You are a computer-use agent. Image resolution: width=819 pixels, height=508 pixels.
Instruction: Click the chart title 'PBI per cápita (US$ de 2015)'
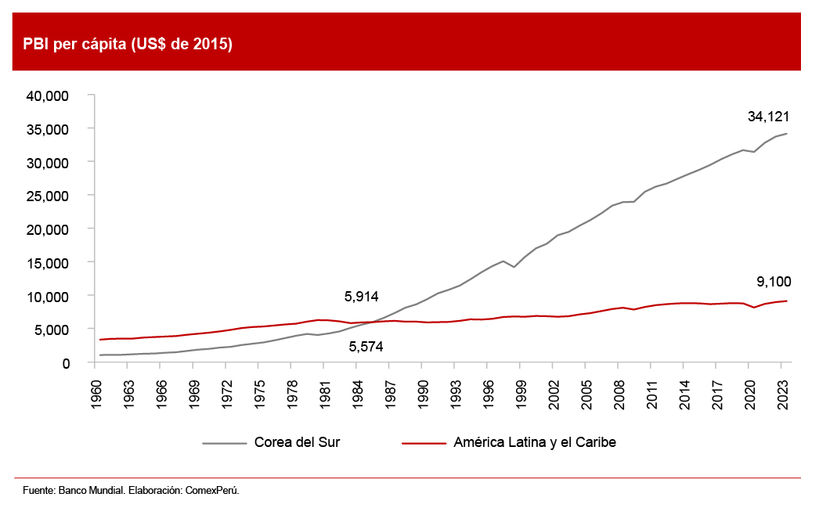pyautogui.click(x=128, y=44)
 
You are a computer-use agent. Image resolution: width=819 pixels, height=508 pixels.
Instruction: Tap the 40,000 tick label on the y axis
pyautogui.click(x=49, y=95)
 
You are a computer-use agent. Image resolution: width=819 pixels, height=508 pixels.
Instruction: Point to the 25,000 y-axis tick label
pyautogui.click(x=49, y=196)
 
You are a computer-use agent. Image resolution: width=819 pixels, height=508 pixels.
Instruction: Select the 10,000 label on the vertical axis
pyautogui.click(x=49, y=296)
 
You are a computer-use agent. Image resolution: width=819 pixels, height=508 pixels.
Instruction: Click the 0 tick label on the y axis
pyautogui.click(x=67, y=363)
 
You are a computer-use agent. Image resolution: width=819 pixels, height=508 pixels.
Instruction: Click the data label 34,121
pyautogui.click(x=768, y=117)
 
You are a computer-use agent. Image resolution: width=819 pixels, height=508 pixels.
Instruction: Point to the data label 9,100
pyautogui.click(x=774, y=281)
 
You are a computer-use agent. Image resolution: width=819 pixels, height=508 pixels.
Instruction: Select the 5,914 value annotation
pyautogui.click(x=362, y=297)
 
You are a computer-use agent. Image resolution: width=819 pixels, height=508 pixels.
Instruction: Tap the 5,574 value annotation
pyautogui.click(x=366, y=346)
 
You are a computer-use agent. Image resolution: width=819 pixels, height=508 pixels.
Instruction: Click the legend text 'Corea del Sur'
pyautogui.click(x=297, y=442)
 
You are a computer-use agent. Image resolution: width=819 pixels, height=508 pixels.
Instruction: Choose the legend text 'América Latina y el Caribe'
pyautogui.click(x=535, y=442)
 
